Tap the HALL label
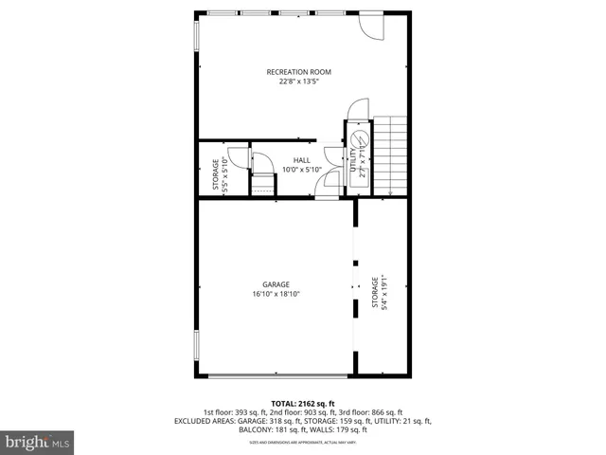(301, 160)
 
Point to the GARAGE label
(276, 284)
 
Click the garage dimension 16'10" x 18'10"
(276, 294)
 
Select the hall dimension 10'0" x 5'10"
(301, 170)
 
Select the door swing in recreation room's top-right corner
(370, 26)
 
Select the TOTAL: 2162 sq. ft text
(303, 403)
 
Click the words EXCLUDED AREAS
(203, 421)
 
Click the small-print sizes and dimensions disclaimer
(303, 442)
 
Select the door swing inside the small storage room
(262, 162)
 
